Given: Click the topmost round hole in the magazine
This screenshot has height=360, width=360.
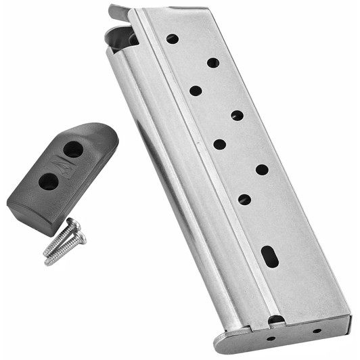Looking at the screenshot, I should click(173, 39).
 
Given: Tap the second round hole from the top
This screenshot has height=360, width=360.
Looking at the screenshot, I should click(212, 63).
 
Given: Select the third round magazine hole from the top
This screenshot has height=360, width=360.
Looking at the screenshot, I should click(196, 90).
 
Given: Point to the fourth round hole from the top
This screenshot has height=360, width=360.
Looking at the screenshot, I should click(237, 116).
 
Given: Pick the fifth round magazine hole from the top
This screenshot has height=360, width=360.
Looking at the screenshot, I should click(219, 143).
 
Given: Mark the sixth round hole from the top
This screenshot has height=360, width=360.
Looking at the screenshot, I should click(262, 169).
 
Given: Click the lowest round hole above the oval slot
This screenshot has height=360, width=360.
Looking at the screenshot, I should click(244, 199).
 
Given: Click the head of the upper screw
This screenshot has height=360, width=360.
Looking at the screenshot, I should click(74, 223).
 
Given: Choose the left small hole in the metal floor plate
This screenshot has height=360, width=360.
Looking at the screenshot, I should click(271, 338).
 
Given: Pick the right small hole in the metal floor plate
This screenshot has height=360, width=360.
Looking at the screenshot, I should click(316, 331).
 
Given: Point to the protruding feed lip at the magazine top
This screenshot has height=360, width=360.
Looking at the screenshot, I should click(118, 12).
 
